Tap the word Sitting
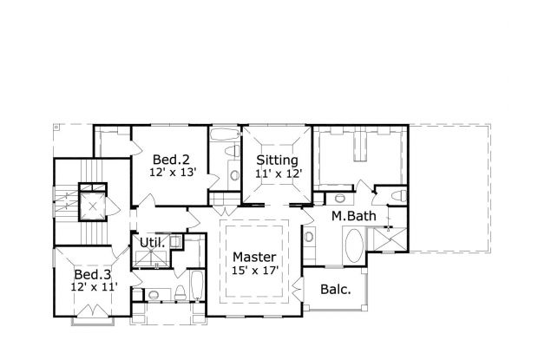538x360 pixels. point(278,160)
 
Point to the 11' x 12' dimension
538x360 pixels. point(278,173)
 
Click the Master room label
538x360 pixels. point(254,258)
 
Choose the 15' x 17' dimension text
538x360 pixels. point(254,271)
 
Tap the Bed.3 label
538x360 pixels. point(90,271)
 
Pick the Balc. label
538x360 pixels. point(335,290)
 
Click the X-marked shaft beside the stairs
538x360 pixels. point(91,199)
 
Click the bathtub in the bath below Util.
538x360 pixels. point(196,290)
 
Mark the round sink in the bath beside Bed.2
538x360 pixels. point(236,173)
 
